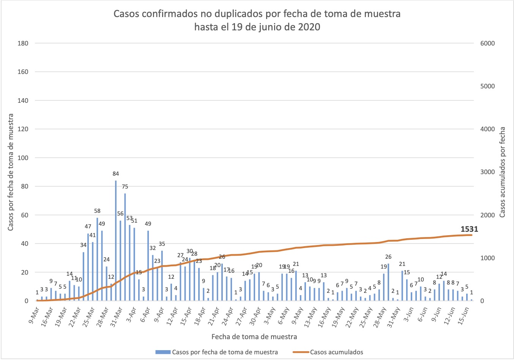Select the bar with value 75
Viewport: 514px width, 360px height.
click(x=125, y=247)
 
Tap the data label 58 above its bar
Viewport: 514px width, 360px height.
click(x=97, y=211)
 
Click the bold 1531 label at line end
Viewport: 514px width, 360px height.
click(x=469, y=229)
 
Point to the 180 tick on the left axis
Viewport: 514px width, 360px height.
click(x=23, y=43)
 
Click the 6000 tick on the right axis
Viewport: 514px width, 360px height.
click(x=487, y=43)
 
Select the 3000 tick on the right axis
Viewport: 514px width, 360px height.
click(x=487, y=172)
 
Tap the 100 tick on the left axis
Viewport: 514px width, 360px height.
click(x=23, y=158)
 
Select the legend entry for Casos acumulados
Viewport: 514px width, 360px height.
click(x=336, y=352)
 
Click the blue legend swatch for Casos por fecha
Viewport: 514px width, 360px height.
click(x=163, y=352)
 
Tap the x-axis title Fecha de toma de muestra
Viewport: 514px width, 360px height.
click(x=254, y=336)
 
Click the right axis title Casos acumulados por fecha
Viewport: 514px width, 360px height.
click(x=502, y=172)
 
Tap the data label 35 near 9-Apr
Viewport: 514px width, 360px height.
click(x=162, y=244)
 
